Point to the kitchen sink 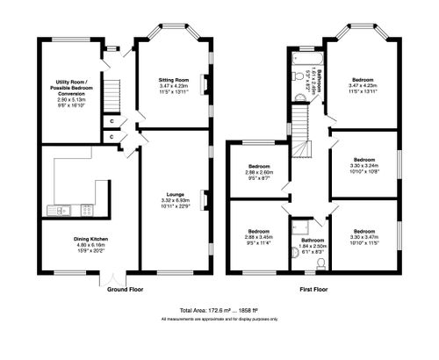click(61, 209)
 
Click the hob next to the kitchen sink click(86, 209)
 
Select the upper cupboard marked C click(112, 120)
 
